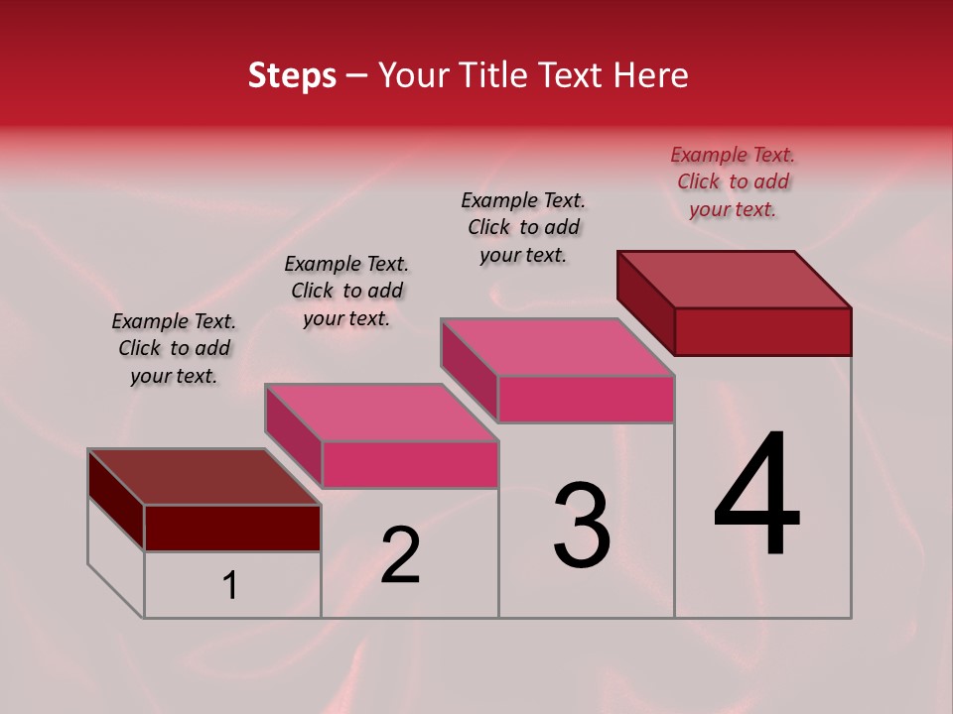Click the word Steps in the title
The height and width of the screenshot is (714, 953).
coord(292,75)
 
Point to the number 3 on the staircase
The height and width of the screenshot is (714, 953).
coord(581,526)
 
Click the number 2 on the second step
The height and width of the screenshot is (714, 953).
coord(400,555)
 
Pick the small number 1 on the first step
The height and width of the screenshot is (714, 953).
coord(230,586)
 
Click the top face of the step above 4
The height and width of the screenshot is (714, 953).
coord(735,280)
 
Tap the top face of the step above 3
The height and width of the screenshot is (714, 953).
coord(558,347)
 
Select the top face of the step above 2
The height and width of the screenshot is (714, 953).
coord(381,413)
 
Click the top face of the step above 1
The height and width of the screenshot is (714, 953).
coord(204,477)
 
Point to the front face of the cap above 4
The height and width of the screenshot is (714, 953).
coord(762,331)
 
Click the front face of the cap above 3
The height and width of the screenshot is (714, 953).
coord(586,399)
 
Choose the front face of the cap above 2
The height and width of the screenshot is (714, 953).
coord(409,464)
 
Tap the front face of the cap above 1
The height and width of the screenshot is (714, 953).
coord(232,528)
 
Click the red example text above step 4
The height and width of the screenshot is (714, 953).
coord(733,181)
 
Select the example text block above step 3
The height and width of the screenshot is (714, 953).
coord(523,227)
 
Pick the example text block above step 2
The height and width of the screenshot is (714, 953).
coord(346,291)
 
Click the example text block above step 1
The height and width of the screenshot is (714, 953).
coord(174,348)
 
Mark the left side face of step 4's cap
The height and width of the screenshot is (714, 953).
coord(645,302)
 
